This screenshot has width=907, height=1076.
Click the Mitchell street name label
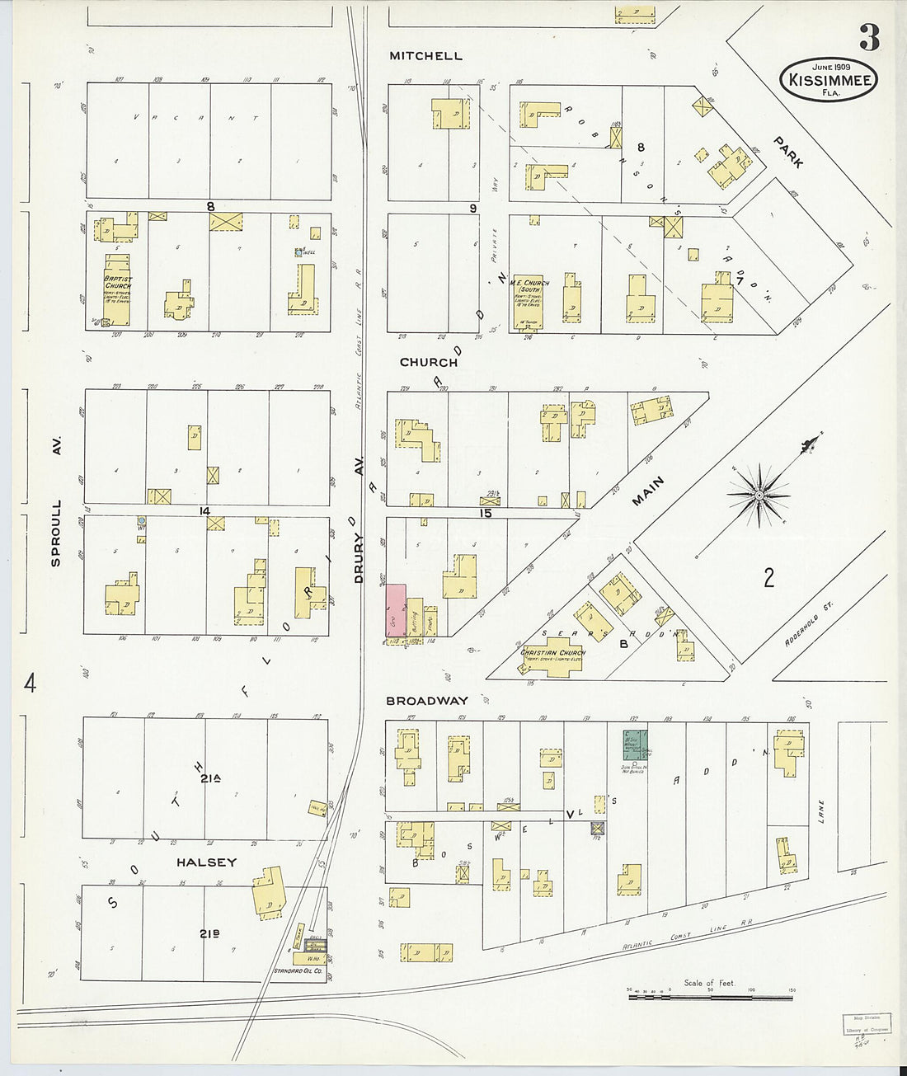coord(425,56)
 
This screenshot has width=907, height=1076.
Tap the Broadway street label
coord(428,701)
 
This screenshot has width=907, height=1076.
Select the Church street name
coord(428,362)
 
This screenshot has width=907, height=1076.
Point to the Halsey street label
coord(206,862)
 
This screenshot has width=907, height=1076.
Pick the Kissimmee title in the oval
coord(829,81)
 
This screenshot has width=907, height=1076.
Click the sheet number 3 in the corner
coord(868,38)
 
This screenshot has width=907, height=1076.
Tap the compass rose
coord(759,495)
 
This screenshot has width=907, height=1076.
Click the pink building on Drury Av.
coord(396,610)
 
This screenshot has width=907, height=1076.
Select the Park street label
coord(787,153)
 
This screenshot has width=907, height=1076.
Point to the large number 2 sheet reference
coord(768,577)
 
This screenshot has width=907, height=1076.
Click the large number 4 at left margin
coord(30,684)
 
